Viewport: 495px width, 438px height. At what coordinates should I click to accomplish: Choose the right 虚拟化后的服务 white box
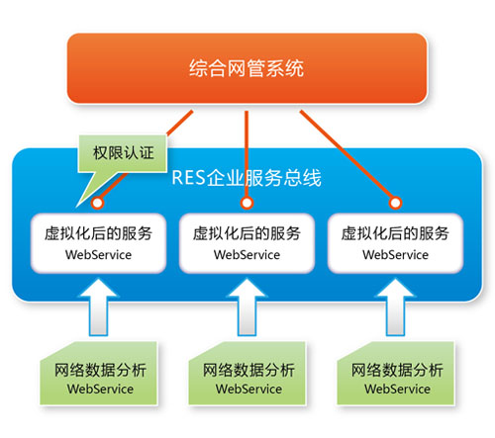394,242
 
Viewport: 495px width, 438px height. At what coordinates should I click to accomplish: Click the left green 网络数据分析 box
97,378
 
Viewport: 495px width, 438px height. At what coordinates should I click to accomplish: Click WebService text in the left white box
97,254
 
